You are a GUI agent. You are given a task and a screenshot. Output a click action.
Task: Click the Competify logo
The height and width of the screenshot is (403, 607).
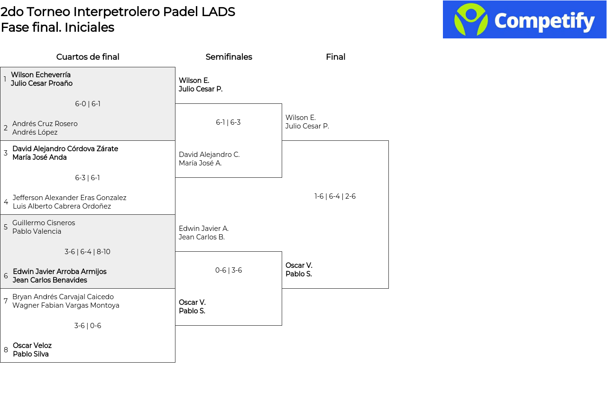tap(524, 19)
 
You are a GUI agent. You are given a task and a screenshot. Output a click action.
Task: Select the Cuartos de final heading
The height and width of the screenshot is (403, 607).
tap(88, 57)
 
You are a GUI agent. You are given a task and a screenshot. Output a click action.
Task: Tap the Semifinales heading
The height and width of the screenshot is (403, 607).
tap(229, 57)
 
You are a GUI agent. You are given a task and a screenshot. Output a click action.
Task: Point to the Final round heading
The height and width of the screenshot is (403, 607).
tap(335, 57)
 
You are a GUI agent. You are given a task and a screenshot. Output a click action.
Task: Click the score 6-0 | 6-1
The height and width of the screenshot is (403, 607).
tap(88, 104)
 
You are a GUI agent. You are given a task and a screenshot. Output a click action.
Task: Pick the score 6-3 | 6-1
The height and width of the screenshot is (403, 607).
tap(88, 178)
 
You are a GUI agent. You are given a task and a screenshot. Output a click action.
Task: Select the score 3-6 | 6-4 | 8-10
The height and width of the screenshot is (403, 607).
tap(88, 252)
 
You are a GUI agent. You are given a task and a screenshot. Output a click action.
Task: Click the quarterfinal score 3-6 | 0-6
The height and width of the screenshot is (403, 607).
tap(88, 326)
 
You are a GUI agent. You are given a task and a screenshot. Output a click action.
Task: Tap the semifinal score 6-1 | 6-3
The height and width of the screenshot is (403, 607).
tap(228, 122)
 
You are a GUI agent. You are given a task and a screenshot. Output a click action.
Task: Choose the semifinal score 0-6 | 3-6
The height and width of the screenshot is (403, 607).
tap(229, 270)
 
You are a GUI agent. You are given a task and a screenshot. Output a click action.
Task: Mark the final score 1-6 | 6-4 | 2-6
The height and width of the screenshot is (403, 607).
tap(335, 196)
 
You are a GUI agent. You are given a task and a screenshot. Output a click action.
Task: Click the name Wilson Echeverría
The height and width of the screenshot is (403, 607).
tap(41, 75)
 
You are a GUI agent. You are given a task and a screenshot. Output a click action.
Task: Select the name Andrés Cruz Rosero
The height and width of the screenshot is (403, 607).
tap(45, 124)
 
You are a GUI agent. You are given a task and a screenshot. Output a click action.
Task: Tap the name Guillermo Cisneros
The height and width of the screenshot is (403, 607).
tap(44, 223)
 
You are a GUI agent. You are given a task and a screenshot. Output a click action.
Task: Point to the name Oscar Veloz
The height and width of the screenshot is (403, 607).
tap(32, 346)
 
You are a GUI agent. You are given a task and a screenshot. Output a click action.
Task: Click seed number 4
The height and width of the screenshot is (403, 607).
tap(6, 202)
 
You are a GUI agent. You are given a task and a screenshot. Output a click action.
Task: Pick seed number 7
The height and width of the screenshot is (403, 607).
tap(6, 301)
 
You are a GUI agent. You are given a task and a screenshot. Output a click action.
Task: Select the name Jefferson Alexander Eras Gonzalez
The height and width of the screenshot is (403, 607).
tap(70, 198)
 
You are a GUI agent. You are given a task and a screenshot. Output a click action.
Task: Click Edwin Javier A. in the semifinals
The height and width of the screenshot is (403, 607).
tap(203, 229)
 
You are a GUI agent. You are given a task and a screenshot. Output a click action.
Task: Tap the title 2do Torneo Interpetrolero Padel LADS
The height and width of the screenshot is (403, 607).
tap(118, 12)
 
